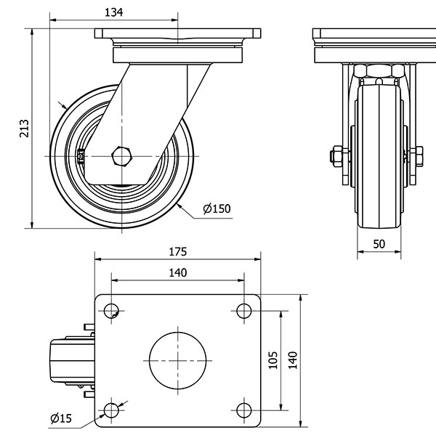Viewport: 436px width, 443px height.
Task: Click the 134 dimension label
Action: pyautogui.click(x=113, y=12)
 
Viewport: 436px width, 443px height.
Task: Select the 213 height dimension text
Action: pyautogui.click(x=23, y=128)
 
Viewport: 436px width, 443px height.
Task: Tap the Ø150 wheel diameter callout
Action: pyautogui.click(x=216, y=209)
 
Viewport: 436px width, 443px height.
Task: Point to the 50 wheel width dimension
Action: pyautogui.click(x=379, y=244)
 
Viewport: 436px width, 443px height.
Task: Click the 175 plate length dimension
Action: pyautogui.click(x=178, y=252)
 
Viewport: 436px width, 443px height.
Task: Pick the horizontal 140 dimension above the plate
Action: pyautogui.click(x=178, y=273)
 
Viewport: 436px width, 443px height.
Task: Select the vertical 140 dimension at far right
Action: pyautogui.click(x=293, y=359)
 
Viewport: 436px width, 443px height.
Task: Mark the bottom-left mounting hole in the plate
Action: pyautogui.click(x=110, y=410)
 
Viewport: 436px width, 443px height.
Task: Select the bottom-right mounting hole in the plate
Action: pyautogui.click(x=243, y=410)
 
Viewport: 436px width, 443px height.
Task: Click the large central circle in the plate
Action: pyautogui.click(x=177, y=360)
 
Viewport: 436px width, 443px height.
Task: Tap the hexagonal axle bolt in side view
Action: pyautogui.click(x=121, y=157)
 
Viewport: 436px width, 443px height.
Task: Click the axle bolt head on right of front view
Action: pyautogui.click(x=418, y=155)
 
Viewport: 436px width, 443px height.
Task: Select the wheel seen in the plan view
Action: pyautogui.click(x=69, y=360)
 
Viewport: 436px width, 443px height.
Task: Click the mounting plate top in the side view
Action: pyautogui.click(x=177, y=33)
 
